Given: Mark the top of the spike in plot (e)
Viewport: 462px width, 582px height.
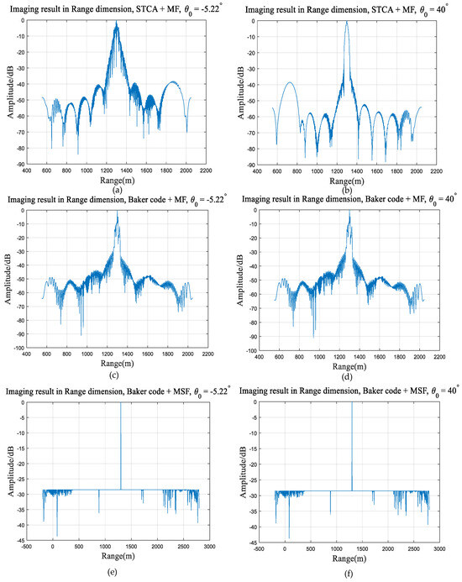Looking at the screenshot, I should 121,404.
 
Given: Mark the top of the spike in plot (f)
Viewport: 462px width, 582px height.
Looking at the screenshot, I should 351,404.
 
